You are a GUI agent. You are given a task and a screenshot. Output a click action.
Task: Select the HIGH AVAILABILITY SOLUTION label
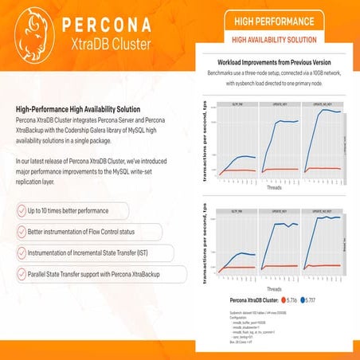click(x=275, y=39)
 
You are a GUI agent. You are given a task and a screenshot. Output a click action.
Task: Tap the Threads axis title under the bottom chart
click(x=273, y=289)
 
